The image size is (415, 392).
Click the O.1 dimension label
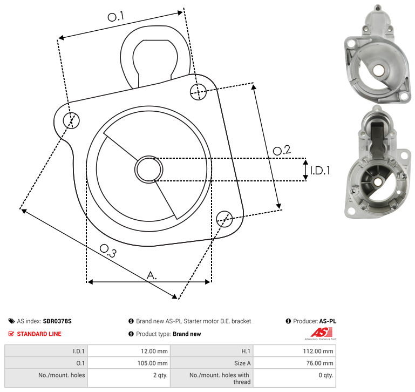pyautogui.click(x=115, y=17)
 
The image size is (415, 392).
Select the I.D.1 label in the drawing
pyautogui.click(x=319, y=171)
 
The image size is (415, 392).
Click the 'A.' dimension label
pyautogui.click(x=152, y=275)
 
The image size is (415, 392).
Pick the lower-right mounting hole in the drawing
pyautogui.click(x=224, y=218)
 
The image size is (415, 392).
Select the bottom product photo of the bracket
pyautogui.click(x=376, y=162)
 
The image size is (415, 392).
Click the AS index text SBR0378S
pyautogui.click(x=57, y=321)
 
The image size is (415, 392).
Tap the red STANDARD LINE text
pyautogui.click(x=39, y=334)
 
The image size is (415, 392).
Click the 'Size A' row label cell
pyautogui.click(x=212, y=363)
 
